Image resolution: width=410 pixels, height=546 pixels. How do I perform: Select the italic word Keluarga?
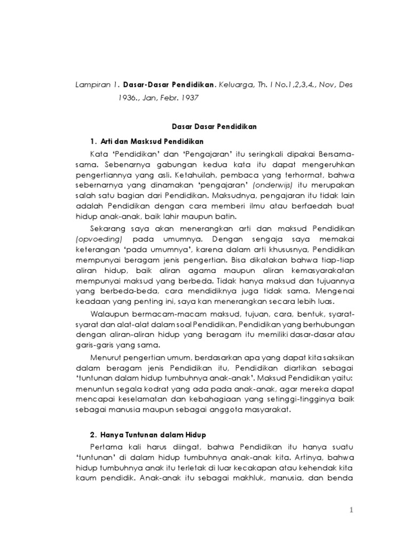pyautogui.click(x=236, y=85)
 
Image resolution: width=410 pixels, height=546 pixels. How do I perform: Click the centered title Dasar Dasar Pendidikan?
pyautogui.click(x=214, y=127)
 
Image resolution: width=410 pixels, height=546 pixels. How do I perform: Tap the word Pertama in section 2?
pyautogui.click(x=106, y=445)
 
